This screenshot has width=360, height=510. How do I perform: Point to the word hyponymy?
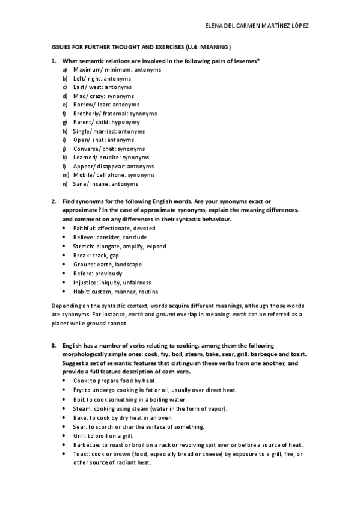tap(125, 122)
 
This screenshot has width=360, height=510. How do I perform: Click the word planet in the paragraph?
tap(59, 323)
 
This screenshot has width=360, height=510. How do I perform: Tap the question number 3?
tap(53, 345)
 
